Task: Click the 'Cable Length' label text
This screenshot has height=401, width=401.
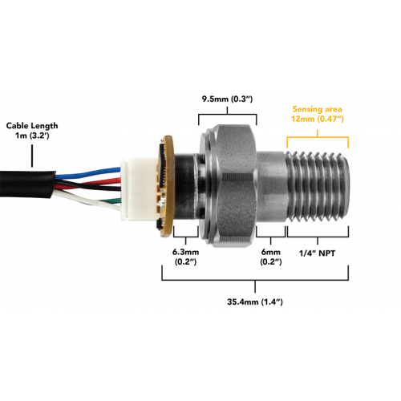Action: click(x=32, y=126)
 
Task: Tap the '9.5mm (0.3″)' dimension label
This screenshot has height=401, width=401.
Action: click(x=227, y=99)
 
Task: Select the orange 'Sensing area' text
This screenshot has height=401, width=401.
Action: click(x=317, y=109)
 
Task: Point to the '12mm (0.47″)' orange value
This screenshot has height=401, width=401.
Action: click(x=318, y=119)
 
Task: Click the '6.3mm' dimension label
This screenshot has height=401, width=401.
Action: click(x=185, y=252)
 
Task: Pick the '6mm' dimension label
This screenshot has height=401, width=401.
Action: click(x=271, y=252)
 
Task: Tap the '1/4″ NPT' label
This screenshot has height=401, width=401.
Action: click(x=317, y=253)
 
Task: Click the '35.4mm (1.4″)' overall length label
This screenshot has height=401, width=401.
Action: click(x=255, y=302)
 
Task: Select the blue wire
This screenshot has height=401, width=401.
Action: click(x=88, y=172)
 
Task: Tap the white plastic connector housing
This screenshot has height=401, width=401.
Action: click(x=139, y=189)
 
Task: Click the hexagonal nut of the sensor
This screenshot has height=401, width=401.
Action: click(x=235, y=186)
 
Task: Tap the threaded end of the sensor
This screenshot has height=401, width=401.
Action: click(x=318, y=187)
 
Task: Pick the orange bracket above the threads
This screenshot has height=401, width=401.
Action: click(x=318, y=138)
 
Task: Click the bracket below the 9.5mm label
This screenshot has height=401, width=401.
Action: click(x=228, y=115)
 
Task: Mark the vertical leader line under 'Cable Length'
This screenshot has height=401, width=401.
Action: click(x=32, y=156)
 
